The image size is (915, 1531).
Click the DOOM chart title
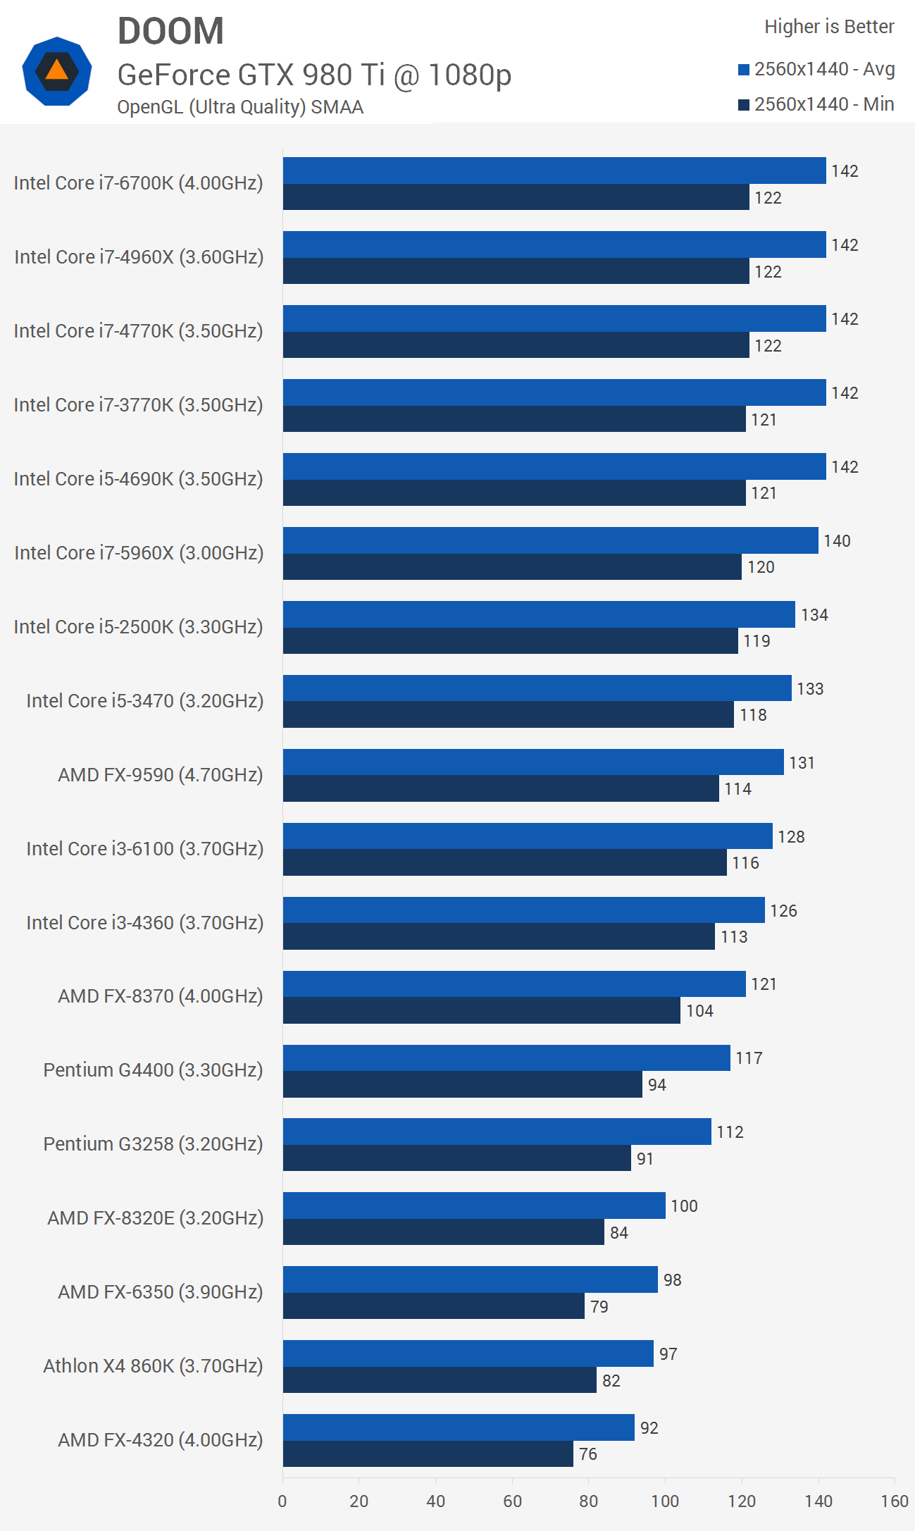170,32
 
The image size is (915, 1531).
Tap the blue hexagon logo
57,71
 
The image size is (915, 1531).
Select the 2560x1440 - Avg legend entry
816,69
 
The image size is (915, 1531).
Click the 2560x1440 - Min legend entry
816,104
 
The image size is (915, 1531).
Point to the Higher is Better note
829,27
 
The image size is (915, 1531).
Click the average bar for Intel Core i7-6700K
554,171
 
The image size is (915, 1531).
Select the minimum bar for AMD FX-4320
428,1453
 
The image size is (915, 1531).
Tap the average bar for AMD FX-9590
533,762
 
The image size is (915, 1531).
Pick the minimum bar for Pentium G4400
463,1084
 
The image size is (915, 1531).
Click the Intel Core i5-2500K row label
139,627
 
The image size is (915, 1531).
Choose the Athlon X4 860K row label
153,1366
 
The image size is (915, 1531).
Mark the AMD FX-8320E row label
155,1218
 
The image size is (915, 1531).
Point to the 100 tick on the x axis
665,1501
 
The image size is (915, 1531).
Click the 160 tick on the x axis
895,1501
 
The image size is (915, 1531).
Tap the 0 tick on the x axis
282,1501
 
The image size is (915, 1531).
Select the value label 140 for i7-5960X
837,541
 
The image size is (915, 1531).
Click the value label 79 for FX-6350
599,1307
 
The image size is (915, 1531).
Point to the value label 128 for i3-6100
791,837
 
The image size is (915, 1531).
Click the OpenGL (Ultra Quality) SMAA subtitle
240,107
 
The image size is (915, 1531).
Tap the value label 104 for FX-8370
699,1011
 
